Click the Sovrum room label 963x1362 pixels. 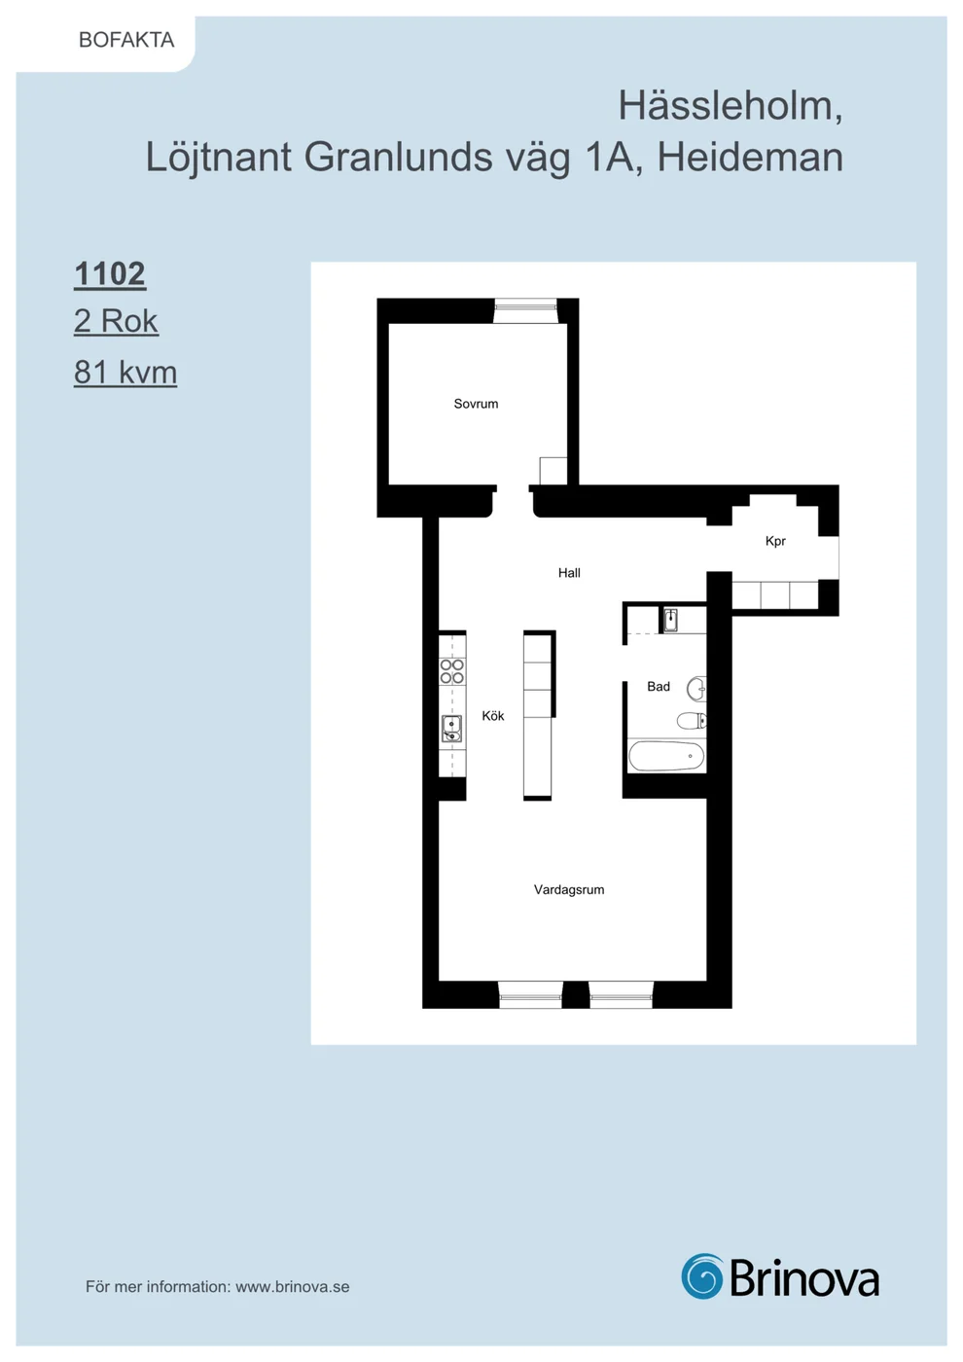(x=476, y=404)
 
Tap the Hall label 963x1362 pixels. (x=569, y=573)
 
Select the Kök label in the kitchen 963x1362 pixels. (x=493, y=716)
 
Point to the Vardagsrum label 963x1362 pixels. (x=569, y=889)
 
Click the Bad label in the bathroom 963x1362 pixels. (x=659, y=687)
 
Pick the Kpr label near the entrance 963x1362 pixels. (x=776, y=541)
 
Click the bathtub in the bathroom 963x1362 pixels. (x=666, y=756)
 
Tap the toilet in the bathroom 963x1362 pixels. (x=692, y=721)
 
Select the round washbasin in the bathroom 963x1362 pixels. (x=696, y=689)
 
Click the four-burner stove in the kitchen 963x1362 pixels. (x=452, y=671)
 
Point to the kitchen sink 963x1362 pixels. (x=451, y=729)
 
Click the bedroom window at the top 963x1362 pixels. (x=525, y=310)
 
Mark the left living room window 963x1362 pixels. (x=530, y=996)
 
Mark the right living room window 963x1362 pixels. (x=621, y=996)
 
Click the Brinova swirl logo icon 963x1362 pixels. (x=702, y=1275)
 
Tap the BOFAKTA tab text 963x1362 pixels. (x=126, y=40)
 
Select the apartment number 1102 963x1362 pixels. (x=109, y=273)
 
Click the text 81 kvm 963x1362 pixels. (x=125, y=372)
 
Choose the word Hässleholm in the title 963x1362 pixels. (x=731, y=106)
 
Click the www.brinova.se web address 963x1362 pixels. (x=293, y=1286)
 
